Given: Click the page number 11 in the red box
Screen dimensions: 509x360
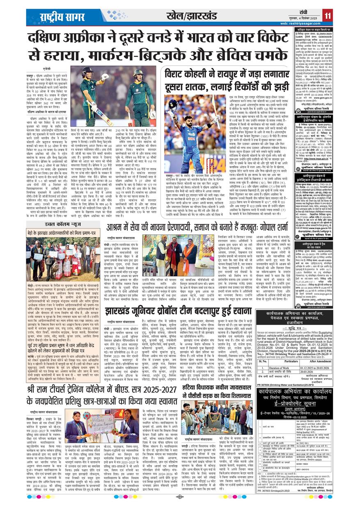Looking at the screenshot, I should pos(327,16).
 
